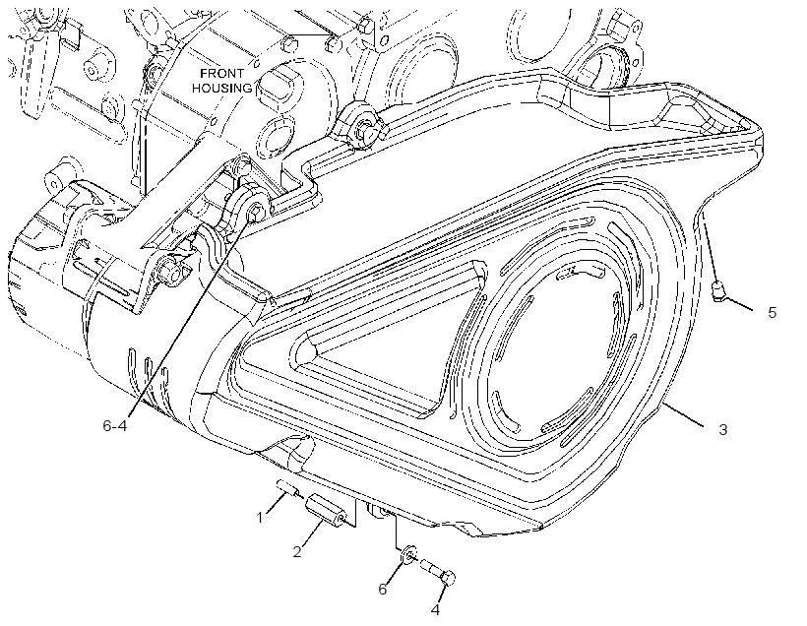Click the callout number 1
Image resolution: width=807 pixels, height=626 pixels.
coord(260,517)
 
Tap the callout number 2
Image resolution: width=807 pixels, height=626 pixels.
coord(297,552)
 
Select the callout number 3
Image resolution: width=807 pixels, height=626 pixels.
coord(722,429)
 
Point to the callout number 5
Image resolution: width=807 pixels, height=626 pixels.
coord(772,312)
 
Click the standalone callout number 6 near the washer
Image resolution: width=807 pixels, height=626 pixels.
coord(383,589)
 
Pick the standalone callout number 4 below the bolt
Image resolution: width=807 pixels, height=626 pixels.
coord(435,610)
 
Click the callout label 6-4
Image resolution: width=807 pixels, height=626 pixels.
coord(115,426)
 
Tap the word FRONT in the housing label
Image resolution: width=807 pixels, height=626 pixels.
coord(221,73)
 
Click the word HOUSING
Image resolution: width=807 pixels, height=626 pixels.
coord(222,88)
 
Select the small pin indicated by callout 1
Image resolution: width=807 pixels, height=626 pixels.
coord(287,486)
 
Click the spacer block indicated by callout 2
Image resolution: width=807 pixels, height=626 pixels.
coord(327,510)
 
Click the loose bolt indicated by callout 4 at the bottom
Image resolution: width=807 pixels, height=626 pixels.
coord(439,572)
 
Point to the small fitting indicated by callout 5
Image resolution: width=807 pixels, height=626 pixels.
coord(717,291)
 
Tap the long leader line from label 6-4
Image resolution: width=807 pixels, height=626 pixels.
coord(189,316)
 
